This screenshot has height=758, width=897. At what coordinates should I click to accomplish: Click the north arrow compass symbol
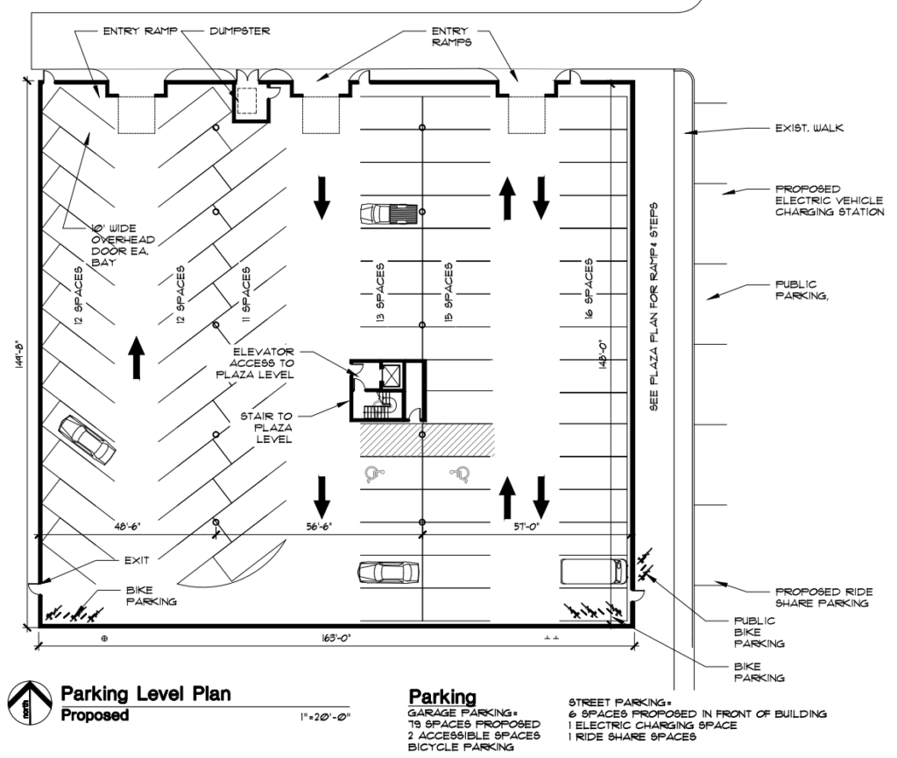[30, 703]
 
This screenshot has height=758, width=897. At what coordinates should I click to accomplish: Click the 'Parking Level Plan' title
[146, 694]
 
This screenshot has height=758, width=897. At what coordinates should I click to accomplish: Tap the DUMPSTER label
[240, 31]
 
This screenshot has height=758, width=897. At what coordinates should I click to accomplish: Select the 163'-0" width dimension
[335, 638]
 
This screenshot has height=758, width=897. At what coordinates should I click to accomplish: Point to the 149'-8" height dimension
[18, 354]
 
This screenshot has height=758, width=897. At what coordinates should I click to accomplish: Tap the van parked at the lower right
[594, 571]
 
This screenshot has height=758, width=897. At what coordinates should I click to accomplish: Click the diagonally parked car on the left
[87, 439]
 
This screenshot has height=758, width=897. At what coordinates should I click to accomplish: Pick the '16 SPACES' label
[589, 288]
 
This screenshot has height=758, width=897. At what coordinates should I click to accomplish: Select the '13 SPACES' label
[380, 291]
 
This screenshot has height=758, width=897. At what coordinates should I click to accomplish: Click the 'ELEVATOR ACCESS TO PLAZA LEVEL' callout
[255, 363]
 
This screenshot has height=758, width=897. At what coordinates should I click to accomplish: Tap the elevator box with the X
[392, 375]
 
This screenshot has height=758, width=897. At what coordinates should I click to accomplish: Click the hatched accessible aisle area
[427, 439]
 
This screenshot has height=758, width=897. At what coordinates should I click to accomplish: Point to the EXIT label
[137, 560]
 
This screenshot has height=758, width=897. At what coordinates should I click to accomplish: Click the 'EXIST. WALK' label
[809, 128]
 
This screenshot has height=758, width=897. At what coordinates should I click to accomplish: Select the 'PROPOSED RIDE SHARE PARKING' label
[823, 597]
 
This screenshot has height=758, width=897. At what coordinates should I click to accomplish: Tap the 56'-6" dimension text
[319, 526]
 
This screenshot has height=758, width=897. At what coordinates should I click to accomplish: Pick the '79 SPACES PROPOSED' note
[474, 724]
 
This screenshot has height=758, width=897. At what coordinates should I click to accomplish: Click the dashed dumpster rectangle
[246, 102]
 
